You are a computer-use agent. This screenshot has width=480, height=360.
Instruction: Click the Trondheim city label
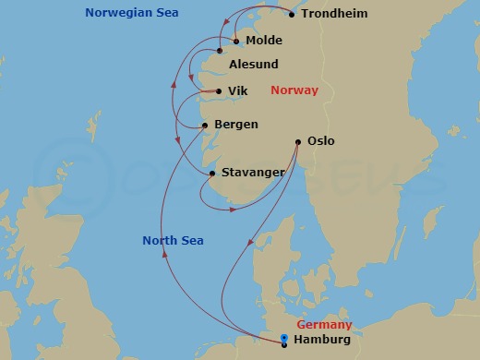[335, 15]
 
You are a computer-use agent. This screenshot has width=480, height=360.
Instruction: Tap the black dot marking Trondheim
[293, 15]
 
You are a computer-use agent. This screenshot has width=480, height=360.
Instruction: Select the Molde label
[264, 41]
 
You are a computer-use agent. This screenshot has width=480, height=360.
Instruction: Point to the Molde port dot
[236, 41]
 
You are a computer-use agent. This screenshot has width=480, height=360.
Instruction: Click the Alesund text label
[253, 65]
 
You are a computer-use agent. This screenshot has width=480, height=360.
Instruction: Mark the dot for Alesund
[220, 51]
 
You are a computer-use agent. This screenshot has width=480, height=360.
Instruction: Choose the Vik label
[238, 91]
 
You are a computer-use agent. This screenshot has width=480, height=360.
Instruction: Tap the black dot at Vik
[218, 91]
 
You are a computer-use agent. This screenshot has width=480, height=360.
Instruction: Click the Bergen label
[235, 125]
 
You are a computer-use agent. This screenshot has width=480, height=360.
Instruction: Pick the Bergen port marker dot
[205, 126]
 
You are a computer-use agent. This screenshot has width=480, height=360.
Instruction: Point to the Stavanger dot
[212, 174]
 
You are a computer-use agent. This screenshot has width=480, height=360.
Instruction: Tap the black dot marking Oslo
[297, 142]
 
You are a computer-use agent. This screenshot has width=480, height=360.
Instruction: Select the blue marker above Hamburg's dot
[283, 337]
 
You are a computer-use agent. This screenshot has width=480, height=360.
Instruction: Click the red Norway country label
[294, 90]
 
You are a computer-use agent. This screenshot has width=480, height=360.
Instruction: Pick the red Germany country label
[324, 325]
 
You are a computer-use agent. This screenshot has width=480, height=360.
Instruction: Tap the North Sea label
[173, 241]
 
